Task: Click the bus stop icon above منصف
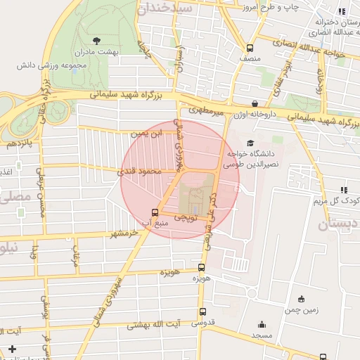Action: click(x=250, y=49)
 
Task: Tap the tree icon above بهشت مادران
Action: click(x=96, y=39)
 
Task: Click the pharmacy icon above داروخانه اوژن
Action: click(x=255, y=104)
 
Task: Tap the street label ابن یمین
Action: click(x=146, y=132)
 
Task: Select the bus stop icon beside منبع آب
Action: click(x=155, y=212)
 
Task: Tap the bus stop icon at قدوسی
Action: click(x=202, y=312)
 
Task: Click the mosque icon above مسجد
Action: click(x=262, y=325)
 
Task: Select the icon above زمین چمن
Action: click(x=301, y=298)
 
